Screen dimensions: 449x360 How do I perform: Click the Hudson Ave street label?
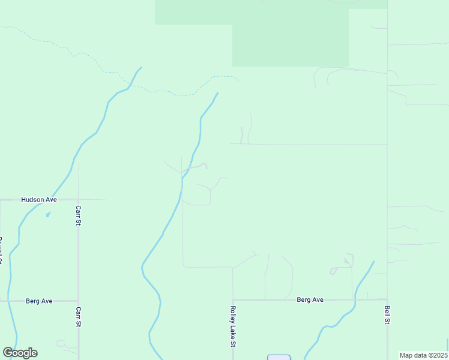pyautogui.click(x=39, y=199)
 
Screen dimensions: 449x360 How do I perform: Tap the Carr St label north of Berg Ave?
pyautogui.click(x=78, y=215)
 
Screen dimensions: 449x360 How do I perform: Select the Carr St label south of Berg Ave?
pyautogui.click(x=78, y=316)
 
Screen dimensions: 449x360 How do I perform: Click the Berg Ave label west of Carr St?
pyautogui.click(x=40, y=301)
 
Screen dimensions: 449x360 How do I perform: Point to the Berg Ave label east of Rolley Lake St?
pyautogui.click(x=310, y=299)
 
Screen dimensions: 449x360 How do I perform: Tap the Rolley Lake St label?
pyautogui.click(x=233, y=327)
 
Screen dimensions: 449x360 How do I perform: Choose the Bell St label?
pyautogui.click(x=387, y=314)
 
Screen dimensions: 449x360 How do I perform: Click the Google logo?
pyautogui.click(x=20, y=353)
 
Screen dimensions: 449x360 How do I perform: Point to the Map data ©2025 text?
pyautogui.click(x=423, y=355)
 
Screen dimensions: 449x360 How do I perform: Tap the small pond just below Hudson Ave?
pyautogui.click(x=48, y=214)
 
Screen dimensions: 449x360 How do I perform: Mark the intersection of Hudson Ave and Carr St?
pyautogui.click(x=78, y=199)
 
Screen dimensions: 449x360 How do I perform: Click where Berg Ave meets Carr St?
pyautogui.click(x=78, y=301)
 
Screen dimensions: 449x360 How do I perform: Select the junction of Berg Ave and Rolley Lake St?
pyautogui.click(x=233, y=299)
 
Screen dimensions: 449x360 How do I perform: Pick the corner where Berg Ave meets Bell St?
pyautogui.click(x=387, y=299)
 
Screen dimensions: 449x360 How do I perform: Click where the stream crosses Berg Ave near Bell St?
pyautogui.click(x=356, y=299)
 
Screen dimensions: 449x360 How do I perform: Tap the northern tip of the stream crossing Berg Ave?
pyautogui.click(x=373, y=262)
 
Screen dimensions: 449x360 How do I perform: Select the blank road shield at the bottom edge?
pyautogui.click(x=279, y=358)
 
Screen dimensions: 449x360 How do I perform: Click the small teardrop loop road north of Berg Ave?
pyautogui.click(x=333, y=271)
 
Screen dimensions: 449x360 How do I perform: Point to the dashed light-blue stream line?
pyautogui.click(x=162, y=92)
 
